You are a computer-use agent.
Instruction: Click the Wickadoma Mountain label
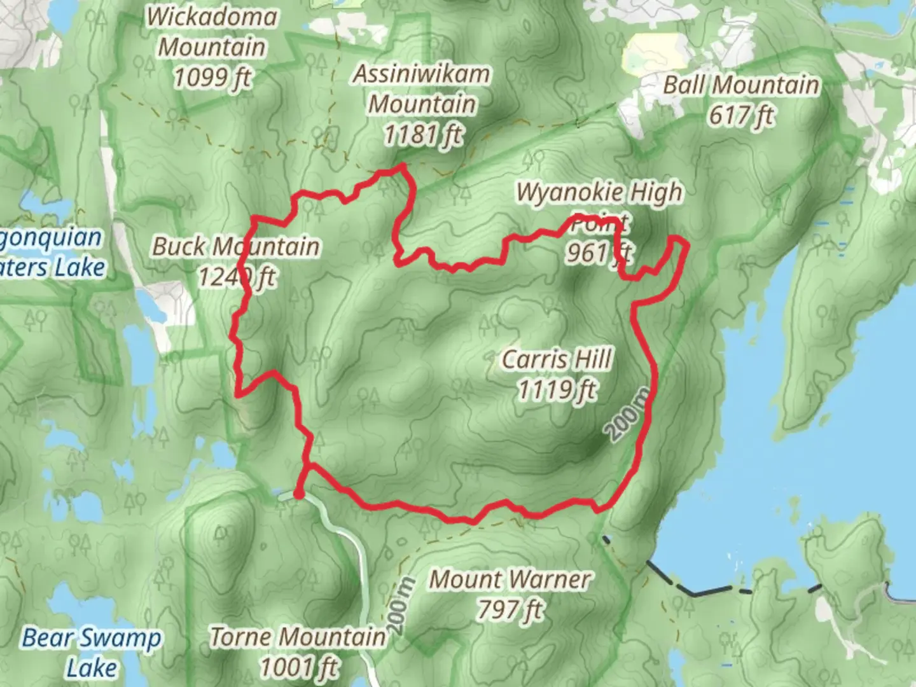pyautogui.click(x=212, y=32)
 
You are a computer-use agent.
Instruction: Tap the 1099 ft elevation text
pyautogui.click(x=212, y=78)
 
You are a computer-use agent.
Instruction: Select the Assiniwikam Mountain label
pyautogui.click(x=422, y=88)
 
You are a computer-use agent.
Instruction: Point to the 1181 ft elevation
pyautogui.click(x=423, y=135)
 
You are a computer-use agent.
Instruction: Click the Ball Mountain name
pyautogui.click(x=741, y=85)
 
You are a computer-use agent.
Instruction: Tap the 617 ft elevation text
pyautogui.click(x=742, y=116)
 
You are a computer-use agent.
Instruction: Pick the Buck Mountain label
pyautogui.click(x=235, y=247)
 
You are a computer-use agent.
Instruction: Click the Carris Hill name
pyautogui.click(x=557, y=359)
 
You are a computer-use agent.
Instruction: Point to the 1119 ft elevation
pyautogui.click(x=557, y=389)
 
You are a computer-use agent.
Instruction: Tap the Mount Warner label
pyautogui.click(x=510, y=579)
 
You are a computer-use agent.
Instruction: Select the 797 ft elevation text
pyautogui.click(x=510, y=609)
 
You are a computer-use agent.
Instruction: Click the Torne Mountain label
pyautogui.click(x=298, y=636)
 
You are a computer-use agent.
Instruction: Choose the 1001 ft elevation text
pyautogui.click(x=298, y=667)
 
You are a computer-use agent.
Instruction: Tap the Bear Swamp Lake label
pyautogui.click(x=92, y=652)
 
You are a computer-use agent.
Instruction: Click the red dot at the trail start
pyautogui.click(x=298, y=494)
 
